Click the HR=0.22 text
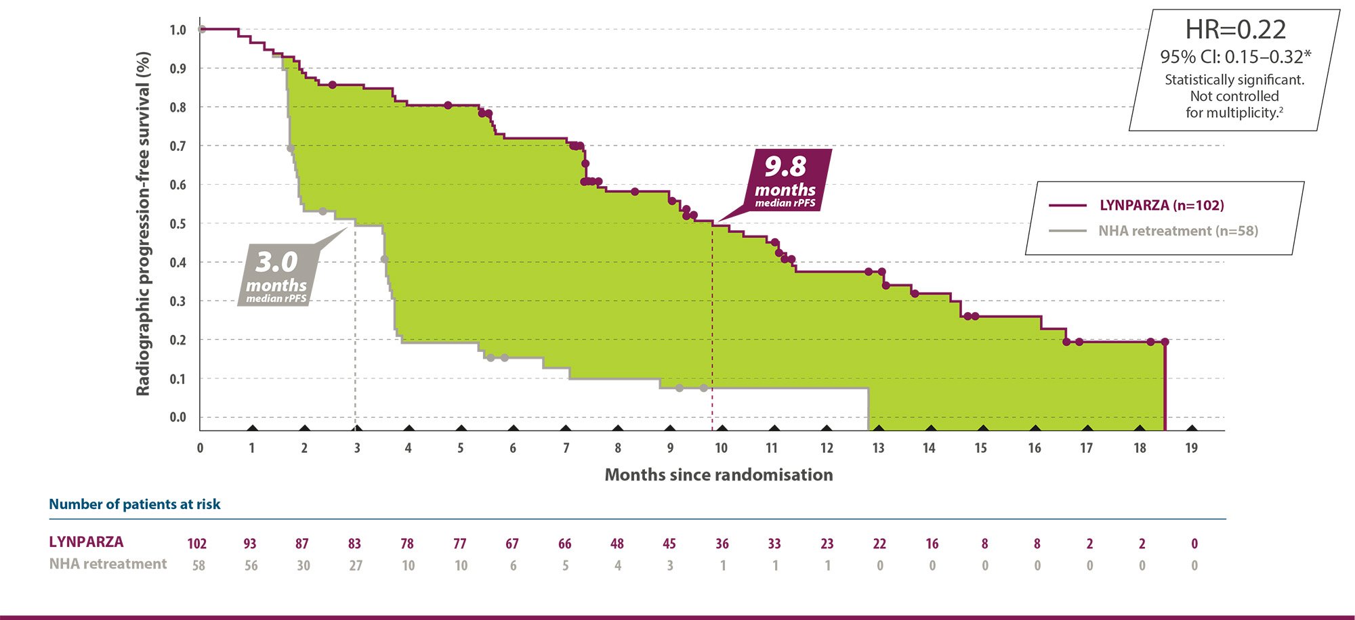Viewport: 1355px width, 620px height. click(1235, 30)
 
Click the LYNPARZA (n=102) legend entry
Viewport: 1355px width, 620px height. click(1161, 205)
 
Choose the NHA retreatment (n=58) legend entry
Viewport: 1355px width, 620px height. click(1177, 231)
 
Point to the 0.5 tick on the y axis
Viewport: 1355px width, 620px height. click(178, 224)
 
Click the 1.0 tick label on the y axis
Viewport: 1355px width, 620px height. click(178, 30)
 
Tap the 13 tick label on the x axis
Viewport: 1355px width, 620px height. click(878, 448)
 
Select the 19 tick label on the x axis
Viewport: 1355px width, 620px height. click(1191, 448)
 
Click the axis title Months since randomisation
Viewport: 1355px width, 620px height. click(718, 474)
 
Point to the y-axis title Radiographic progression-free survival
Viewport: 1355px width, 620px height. click(143, 223)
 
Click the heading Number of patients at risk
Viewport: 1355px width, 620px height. click(134, 504)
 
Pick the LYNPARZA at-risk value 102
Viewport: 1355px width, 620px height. click(197, 544)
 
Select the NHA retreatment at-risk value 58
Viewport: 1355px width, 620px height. click(198, 565)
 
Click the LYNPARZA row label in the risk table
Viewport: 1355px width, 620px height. click(86, 542)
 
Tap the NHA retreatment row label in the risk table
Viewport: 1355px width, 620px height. click(108, 564)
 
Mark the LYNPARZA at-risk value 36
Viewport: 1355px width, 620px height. click(722, 544)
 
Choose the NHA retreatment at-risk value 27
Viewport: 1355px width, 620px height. click(356, 565)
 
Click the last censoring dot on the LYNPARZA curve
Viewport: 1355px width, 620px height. click(1165, 342)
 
